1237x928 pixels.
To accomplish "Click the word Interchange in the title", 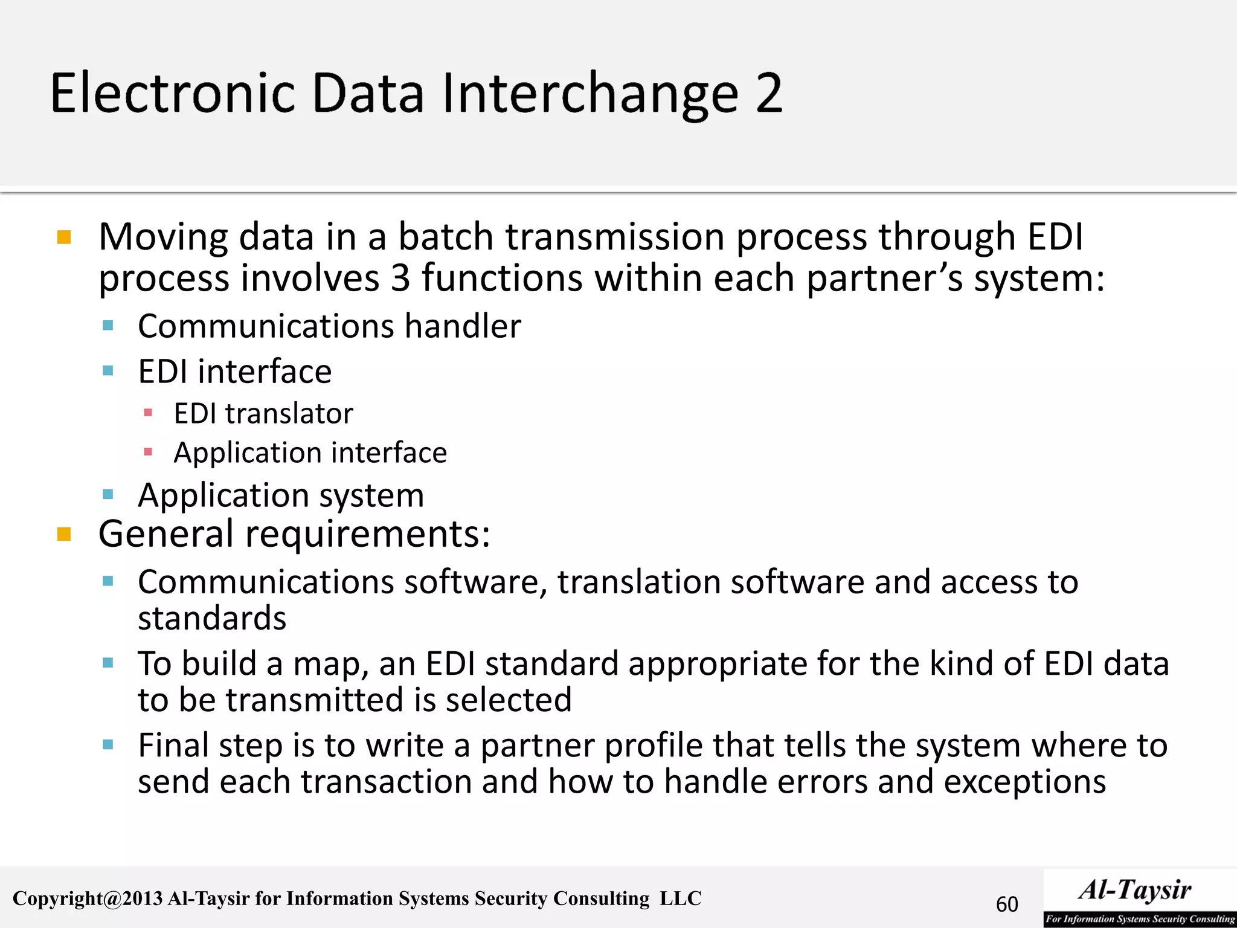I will [590, 94].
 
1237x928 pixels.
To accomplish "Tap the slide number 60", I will [1007, 904].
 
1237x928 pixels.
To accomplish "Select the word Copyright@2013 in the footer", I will [88, 898].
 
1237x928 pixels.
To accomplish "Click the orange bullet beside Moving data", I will [64, 237].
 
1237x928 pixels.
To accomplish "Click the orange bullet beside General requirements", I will [64, 534].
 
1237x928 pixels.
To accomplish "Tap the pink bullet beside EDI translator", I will [148, 413].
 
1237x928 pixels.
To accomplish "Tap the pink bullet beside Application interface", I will [148, 452].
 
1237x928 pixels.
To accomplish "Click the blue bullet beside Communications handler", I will [108, 326].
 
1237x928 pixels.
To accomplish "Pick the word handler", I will [462, 326].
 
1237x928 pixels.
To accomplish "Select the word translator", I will [289, 414].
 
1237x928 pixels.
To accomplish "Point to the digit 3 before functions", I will [400, 278].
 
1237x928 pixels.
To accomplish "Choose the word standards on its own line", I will [212, 619].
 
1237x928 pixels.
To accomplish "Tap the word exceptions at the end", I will [1024, 782].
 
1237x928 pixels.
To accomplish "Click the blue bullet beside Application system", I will [108, 495].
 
